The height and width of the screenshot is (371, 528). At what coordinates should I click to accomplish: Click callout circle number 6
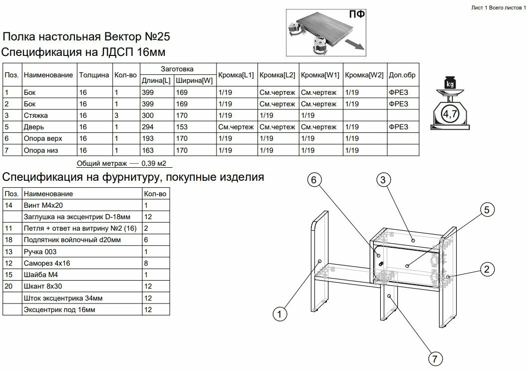pos(314,181)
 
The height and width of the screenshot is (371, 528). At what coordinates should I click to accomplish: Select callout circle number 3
pos(383,181)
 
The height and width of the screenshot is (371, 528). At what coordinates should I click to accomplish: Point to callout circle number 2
pos(487,270)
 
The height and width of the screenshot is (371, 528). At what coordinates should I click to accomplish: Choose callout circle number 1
pos(280,314)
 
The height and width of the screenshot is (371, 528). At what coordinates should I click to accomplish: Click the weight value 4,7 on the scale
pos(450,114)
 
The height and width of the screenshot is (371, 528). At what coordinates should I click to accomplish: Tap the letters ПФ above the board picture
pos(356,14)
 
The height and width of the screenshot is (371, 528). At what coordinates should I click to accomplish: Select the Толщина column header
pos(94,75)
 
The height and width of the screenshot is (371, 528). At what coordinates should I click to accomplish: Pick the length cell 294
pos(148,127)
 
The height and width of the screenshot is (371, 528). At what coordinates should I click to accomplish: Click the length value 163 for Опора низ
pos(148,150)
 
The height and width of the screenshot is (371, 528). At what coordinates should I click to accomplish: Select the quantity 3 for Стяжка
pos(116,115)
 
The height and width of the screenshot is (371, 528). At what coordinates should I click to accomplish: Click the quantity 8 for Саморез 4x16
pos(146,263)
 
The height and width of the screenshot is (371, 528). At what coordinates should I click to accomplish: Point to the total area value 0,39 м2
pos(154,163)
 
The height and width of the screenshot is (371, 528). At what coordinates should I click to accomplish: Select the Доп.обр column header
pos(402,75)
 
